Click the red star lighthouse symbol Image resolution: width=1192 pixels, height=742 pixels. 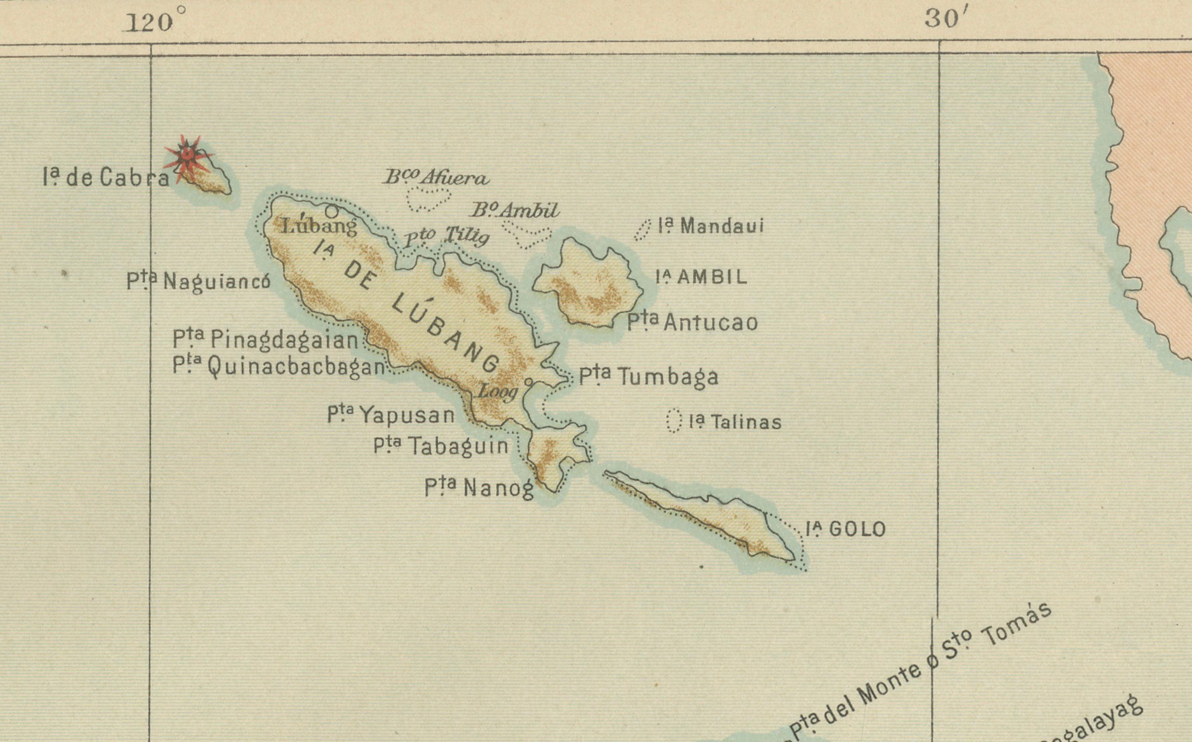(187, 157)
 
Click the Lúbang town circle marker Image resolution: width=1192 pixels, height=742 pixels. (332, 211)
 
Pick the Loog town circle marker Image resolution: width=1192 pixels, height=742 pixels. (528, 381)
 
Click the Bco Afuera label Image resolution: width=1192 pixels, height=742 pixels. (436, 177)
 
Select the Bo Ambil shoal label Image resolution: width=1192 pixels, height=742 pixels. (514, 211)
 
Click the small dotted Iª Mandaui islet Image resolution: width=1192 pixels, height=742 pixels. (642, 230)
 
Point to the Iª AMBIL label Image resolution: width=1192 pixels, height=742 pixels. (702, 278)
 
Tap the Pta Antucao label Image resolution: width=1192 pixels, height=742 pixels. (692, 322)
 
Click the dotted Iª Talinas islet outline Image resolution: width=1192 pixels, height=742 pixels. (674, 420)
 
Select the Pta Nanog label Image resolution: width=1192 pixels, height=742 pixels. (479, 488)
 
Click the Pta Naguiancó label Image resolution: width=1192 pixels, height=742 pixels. (198, 281)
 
